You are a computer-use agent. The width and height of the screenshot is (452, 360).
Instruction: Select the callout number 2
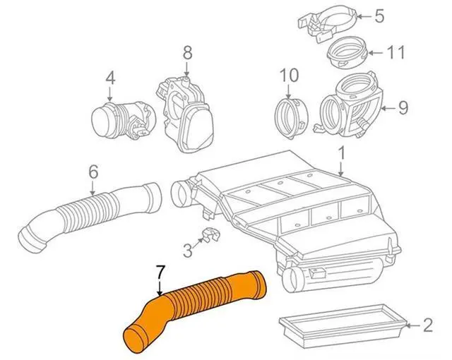(x=427, y=325)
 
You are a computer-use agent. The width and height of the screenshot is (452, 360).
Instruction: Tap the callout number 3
(x=187, y=249)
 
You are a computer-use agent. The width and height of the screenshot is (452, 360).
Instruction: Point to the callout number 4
(x=110, y=77)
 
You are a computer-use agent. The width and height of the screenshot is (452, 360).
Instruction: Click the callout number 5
(x=379, y=16)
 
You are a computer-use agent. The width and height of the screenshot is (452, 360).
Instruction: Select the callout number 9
(x=403, y=108)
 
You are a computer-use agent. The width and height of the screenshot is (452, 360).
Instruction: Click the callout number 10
(x=290, y=74)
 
